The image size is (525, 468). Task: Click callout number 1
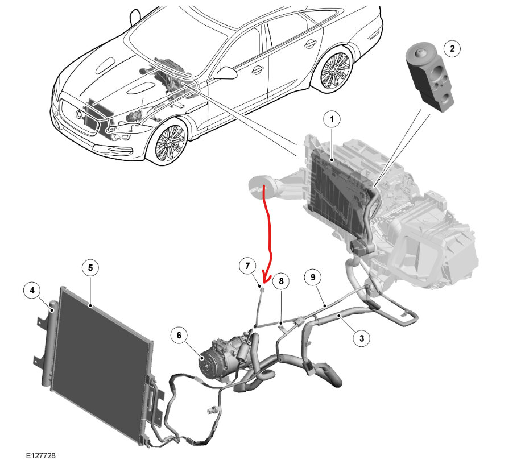click(332, 120)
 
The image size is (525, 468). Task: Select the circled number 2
click(452, 49)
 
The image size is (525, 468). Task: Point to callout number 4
click(32, 291)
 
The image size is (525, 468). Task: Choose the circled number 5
click(91, 268)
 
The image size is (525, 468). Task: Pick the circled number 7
click(247, 266)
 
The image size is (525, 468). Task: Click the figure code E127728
click(40, 455)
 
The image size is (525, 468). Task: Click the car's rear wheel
click(335, 71)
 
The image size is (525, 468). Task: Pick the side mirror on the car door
click(226, 72)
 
